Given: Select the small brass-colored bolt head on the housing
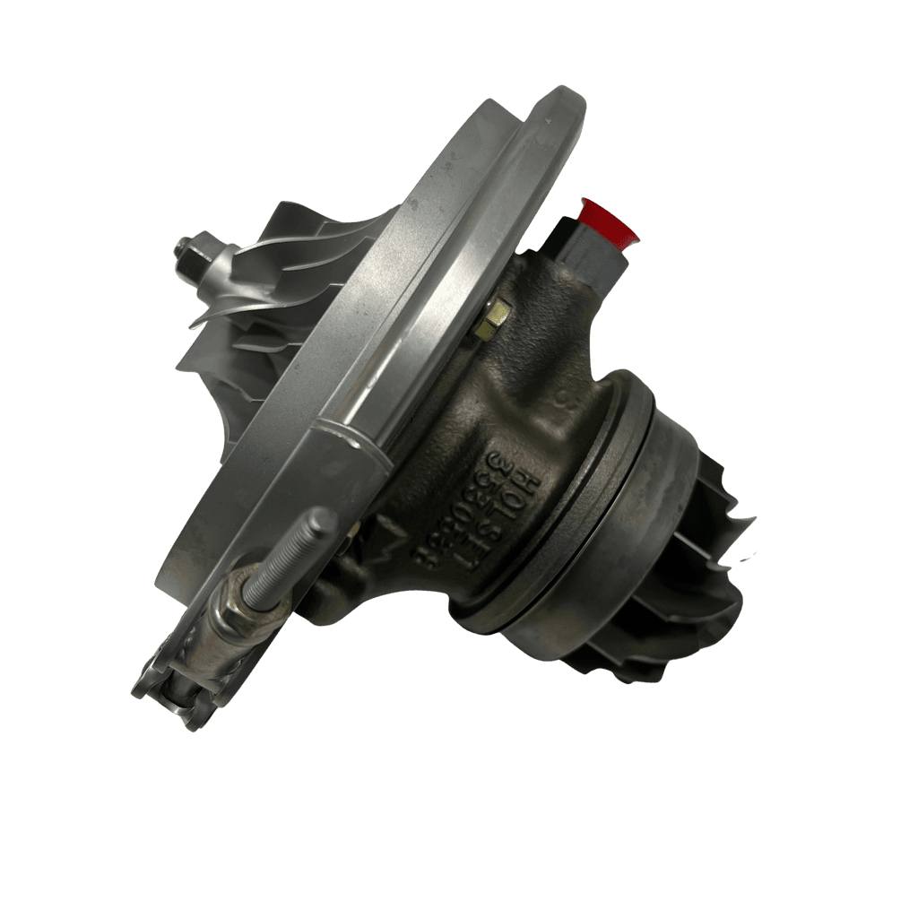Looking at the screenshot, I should click(x=495, y=317).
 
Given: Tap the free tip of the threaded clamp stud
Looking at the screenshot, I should click(x=325, y=518).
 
